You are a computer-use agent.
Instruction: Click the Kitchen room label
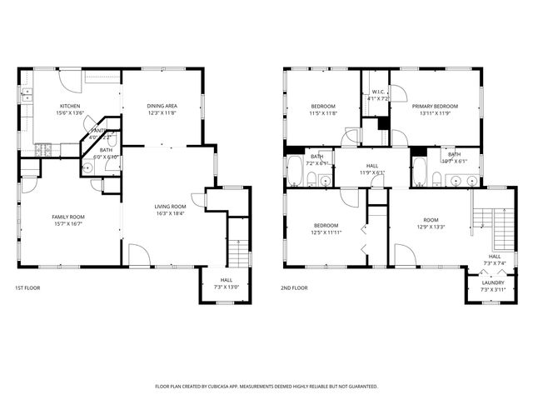pyautogui.click(x=69, y=106)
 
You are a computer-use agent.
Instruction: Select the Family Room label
pyautogui.click(x=70, y=217)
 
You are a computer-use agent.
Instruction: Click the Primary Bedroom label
pyautogui.click(x=435, y=107)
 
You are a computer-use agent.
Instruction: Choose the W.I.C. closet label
pyautogui.click(x=378, y=92)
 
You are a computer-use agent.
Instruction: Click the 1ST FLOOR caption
pyautogui.click(x=27, y=287)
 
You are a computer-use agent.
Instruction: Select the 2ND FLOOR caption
pyautogui.click(x=294, y=287)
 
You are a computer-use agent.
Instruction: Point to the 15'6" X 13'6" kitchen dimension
pyautogui.click(x=69, y=112)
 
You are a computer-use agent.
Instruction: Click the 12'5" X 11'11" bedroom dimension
pyautogui.click(x=326, y=232)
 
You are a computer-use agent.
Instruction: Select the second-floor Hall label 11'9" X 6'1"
pyautogui.click(x=371, y=172)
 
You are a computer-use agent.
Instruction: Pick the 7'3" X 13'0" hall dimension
pyautogui.click(x=227, y=287)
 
